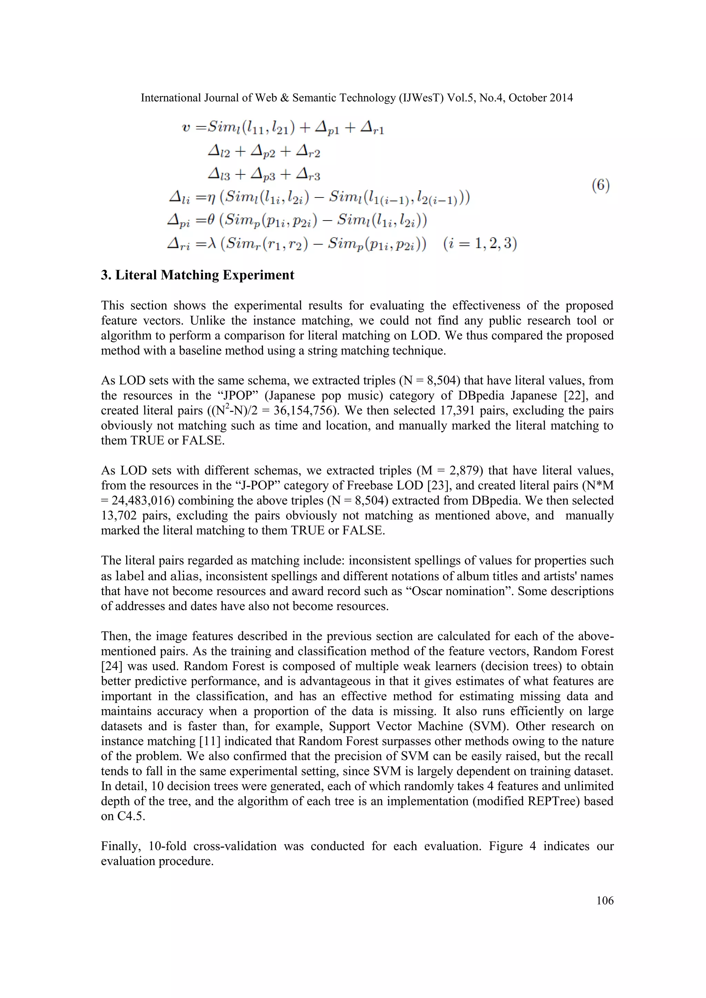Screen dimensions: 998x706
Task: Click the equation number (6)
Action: point(601,186)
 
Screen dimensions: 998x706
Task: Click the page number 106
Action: point(605,900)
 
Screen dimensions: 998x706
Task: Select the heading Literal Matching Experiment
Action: point(204,275)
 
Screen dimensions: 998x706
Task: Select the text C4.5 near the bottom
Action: point(130,816)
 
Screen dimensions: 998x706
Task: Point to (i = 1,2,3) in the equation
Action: point(480,243)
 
